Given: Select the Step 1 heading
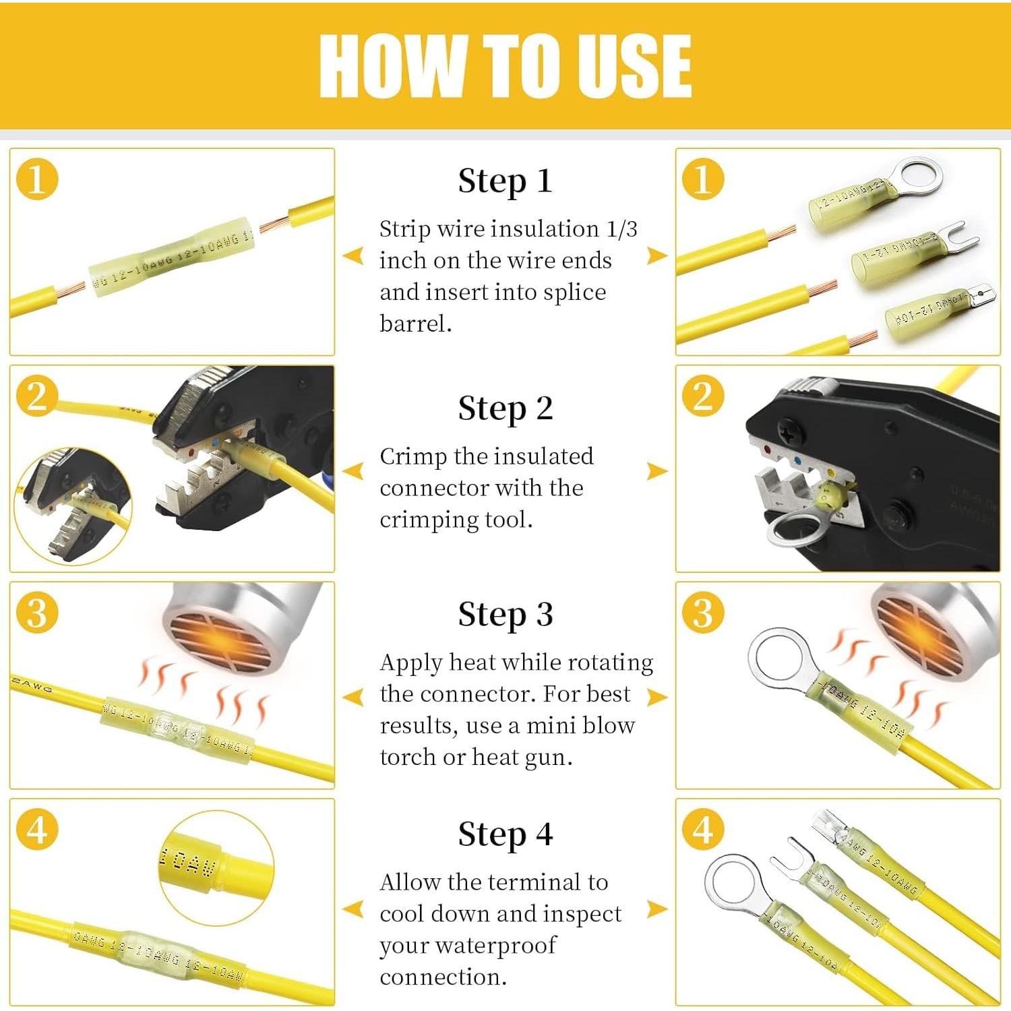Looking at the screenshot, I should (505, 181).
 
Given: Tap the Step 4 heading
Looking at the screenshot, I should (505, 834).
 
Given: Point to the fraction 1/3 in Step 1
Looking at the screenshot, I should (621, 229).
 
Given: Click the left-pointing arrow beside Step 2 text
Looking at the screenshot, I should (353, 471).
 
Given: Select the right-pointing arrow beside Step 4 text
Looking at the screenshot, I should (657, 909).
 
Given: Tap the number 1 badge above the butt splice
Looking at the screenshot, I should (37, 180).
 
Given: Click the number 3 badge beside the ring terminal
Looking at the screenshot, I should (702, 613).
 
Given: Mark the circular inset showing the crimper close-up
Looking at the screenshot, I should (73, 506).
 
